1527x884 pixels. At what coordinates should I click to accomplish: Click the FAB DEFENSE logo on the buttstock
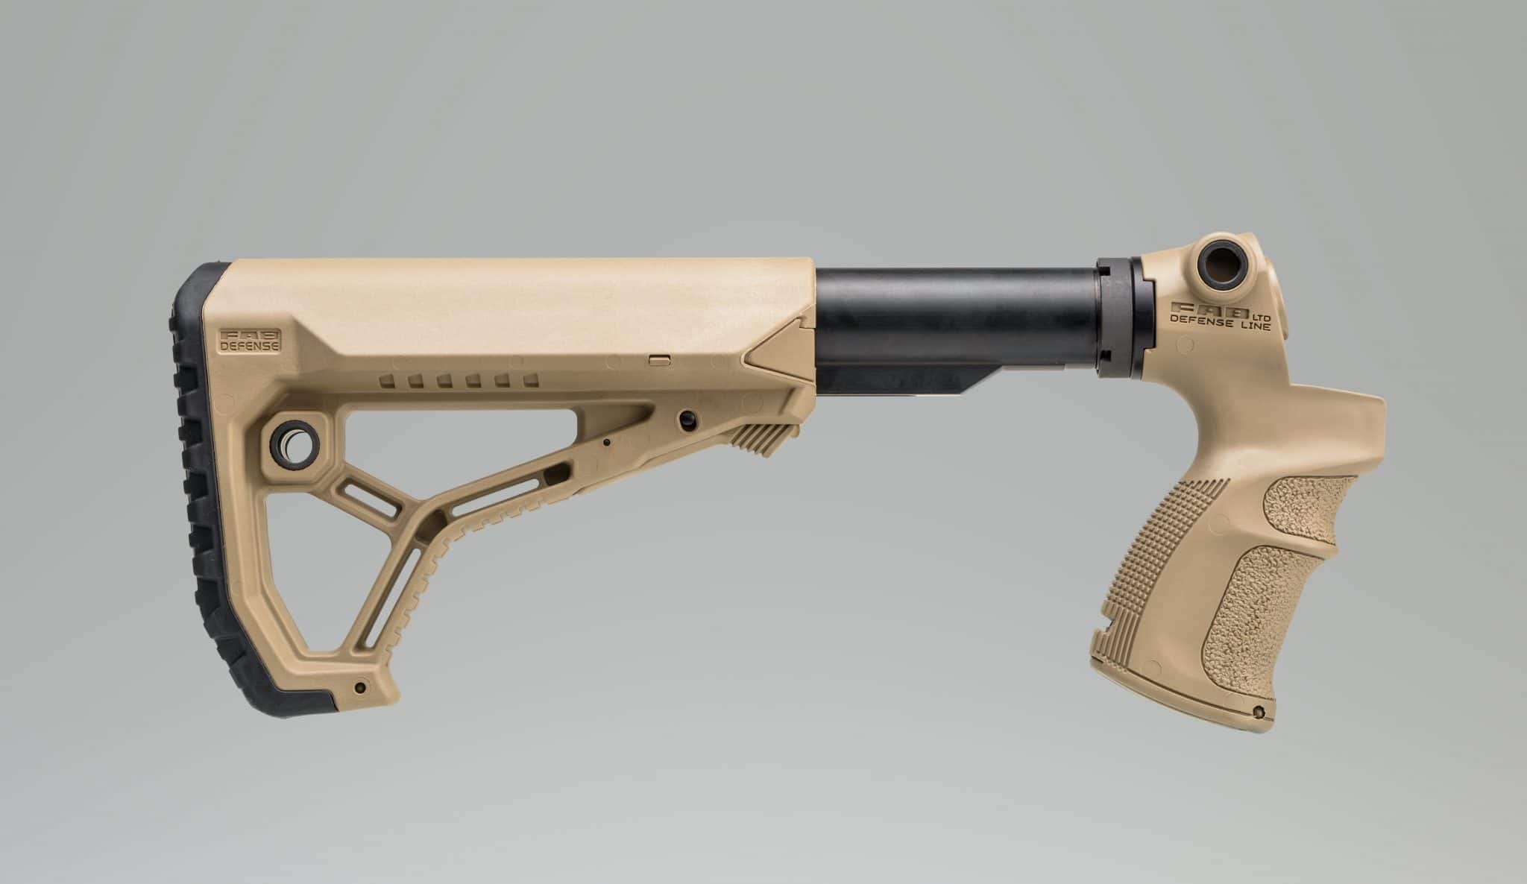click(250, 339)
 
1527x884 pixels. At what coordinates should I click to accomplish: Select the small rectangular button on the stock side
click(658, 359)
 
